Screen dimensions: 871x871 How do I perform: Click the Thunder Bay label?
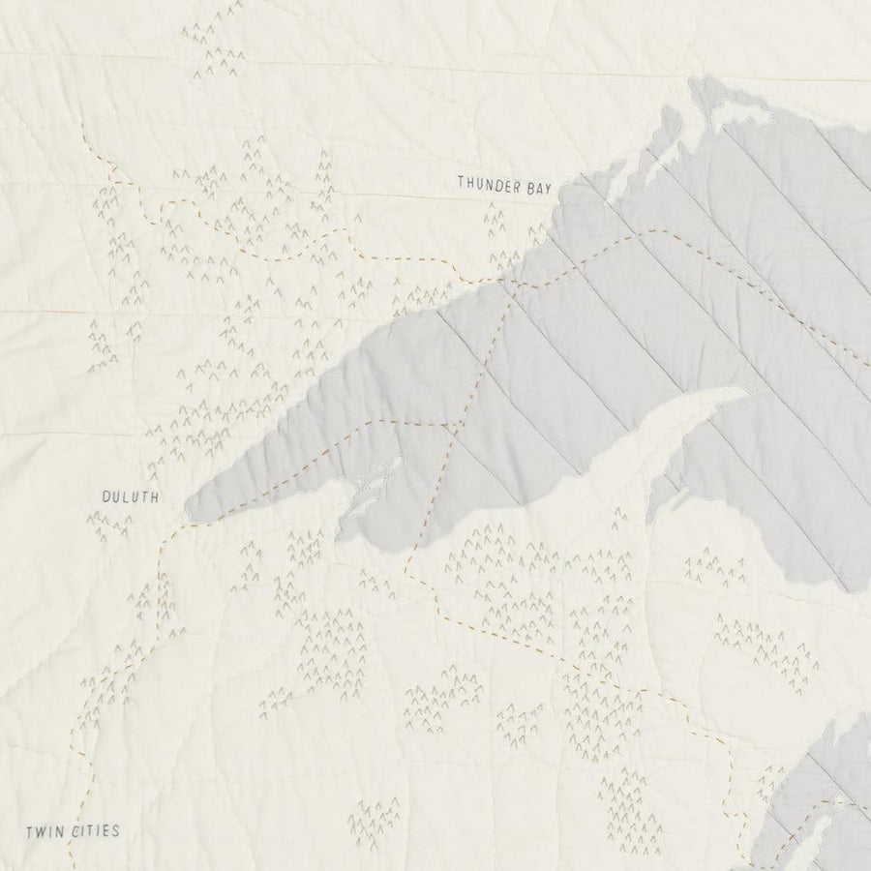click(x=502, y=181)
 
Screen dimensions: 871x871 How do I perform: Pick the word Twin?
click(x=42, y=830)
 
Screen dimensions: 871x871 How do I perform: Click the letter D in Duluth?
click(x=106, y=497)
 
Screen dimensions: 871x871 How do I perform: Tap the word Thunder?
click(x=487, y=181)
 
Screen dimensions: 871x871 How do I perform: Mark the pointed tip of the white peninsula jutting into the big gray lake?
click(x=746, y=392)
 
